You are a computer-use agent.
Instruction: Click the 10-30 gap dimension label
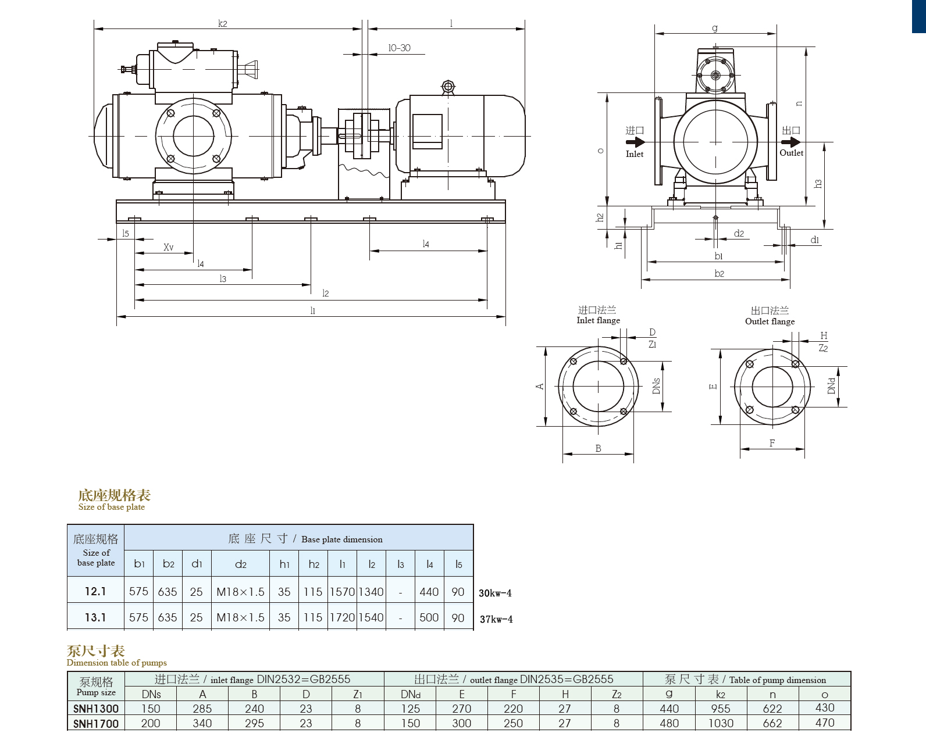400,48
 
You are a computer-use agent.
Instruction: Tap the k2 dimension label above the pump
222,24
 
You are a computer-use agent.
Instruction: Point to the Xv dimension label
168,247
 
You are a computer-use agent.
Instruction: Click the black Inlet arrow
635,142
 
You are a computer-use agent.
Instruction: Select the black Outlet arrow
791,141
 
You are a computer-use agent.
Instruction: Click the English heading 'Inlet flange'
598,320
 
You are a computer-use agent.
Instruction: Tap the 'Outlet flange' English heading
770,321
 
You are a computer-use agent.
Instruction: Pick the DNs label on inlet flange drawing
656,386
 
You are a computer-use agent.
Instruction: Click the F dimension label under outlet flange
772,443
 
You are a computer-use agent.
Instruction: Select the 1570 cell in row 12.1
342,592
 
